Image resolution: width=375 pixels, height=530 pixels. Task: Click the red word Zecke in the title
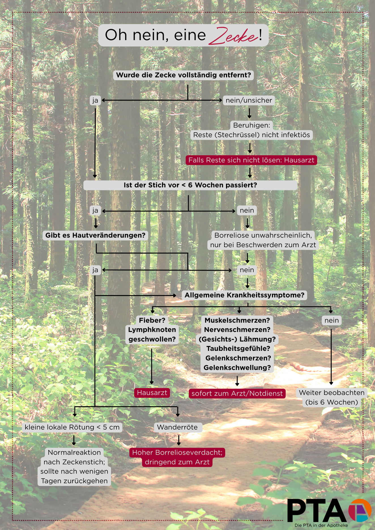[x=233, y=36]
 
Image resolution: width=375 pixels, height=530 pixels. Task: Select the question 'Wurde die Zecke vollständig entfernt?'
[x=184, y=75]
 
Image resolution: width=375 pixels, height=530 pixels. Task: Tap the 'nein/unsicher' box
[x=249, y=100]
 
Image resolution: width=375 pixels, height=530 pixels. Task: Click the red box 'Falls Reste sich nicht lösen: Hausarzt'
[x=251, y=160]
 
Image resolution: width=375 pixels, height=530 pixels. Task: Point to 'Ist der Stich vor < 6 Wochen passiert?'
[x=190, y=185]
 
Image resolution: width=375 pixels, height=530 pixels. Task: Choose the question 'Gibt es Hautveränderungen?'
[x=95, y=235]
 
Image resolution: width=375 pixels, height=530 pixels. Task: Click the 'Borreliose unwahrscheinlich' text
[x=263, y=235]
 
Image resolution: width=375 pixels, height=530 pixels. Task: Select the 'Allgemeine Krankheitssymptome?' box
[x=244, y=295]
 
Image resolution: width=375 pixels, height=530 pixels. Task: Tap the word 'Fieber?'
[x=152, y=320]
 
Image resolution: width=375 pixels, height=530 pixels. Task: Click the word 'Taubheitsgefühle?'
[x=238, y=349]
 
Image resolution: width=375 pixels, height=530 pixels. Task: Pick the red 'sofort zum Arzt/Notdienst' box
[x=237, y=393]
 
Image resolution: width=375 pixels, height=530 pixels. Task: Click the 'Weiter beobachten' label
[x=332, y=393]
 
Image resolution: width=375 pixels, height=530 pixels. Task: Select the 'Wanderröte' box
[x=177, y=427]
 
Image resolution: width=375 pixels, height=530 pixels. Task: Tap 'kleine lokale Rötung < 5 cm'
[x=72, y=427]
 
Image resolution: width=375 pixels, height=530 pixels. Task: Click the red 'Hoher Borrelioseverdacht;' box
[x=177, y=452]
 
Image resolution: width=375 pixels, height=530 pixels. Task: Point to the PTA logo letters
[x=317, y=510]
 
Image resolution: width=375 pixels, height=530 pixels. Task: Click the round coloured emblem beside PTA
[x=360, y=510]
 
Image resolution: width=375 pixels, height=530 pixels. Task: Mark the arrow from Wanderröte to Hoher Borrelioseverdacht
[x=179, y=440]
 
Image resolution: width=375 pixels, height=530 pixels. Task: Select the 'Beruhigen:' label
[x=252, y=125]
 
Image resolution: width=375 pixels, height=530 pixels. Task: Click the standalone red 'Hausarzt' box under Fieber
[x=152, y=393]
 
